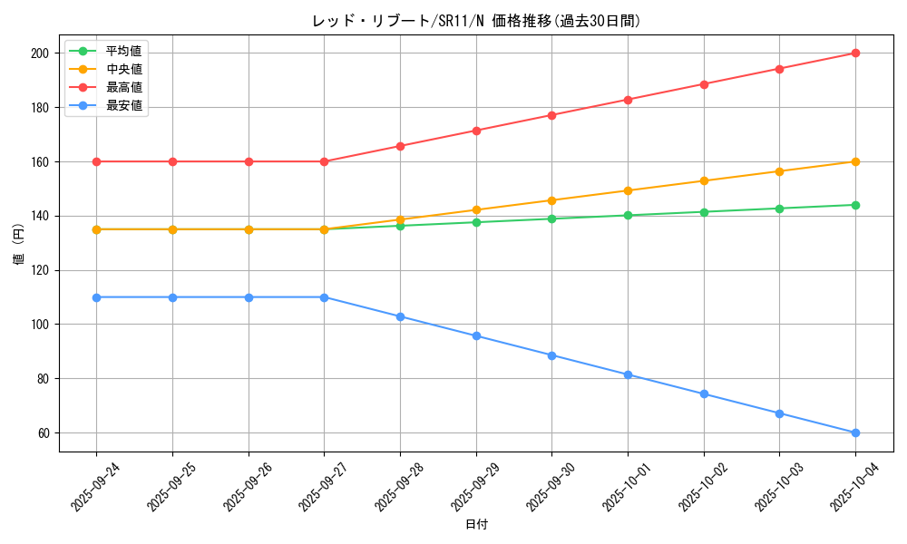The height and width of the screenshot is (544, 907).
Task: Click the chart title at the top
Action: tap(476, 21)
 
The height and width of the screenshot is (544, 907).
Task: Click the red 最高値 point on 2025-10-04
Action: tap(855, 53)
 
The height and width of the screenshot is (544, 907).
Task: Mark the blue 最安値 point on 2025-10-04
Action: tap(855, 432)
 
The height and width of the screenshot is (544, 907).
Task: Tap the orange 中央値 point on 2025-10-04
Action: tap(855, 161)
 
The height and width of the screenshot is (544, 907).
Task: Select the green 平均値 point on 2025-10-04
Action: tap(855, 205)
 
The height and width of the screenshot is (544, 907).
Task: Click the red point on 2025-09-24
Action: tap(96, 161)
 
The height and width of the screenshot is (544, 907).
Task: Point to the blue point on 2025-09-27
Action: tap(324, 297)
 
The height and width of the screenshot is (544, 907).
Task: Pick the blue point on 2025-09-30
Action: tap(551, 355)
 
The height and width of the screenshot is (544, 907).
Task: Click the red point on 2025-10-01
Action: tap(628, 100)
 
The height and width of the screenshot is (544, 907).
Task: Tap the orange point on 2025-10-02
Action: tap(704, 180)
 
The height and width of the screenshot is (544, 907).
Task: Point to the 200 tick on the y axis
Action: tap(41, 53)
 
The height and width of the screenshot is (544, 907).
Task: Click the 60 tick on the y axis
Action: tap(44, 432)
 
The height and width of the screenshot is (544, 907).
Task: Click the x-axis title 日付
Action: tap(476, 525)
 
